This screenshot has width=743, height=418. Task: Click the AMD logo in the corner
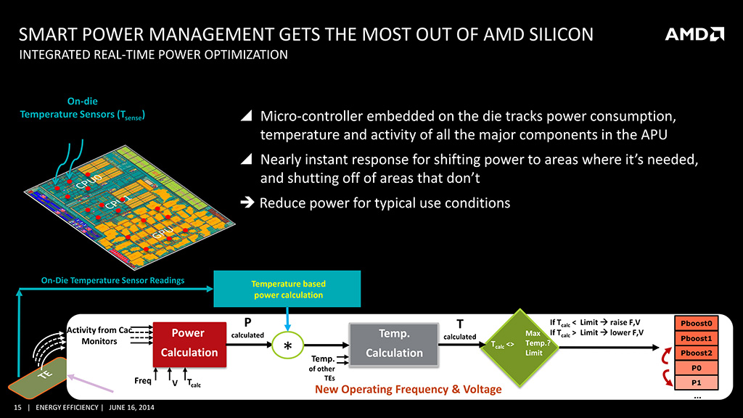(x=694, y=35)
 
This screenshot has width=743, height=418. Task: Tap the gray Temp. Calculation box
(x=394, y=343)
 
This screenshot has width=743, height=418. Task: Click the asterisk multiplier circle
(x=289, y=346)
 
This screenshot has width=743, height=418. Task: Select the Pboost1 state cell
(x=697, y=338)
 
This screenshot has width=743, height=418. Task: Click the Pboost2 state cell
(x=697, y=353)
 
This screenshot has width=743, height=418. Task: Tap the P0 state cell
(x=697, y=368)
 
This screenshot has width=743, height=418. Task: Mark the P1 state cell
(x=697, y=382)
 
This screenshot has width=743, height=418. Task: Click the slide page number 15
(x=15, y=407)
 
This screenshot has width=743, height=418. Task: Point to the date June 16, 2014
(x=131, y=407)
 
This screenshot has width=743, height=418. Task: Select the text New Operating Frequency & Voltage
(x=408, y=390)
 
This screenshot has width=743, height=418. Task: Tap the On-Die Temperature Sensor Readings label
(x=112, y=280)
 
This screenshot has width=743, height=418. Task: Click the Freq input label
(x=143, y=380)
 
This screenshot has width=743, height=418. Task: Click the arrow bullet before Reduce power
(x=246, y=203)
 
